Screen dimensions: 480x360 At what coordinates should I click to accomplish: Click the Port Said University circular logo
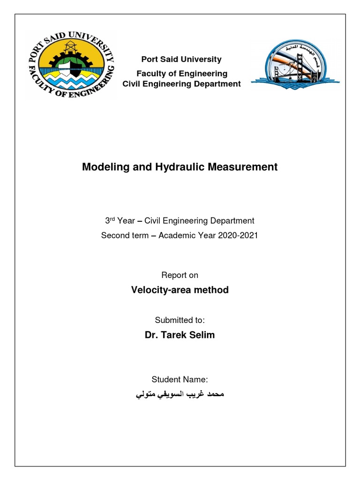70,65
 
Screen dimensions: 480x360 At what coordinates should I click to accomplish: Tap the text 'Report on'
180,275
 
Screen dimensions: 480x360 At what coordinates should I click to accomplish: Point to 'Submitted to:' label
180,320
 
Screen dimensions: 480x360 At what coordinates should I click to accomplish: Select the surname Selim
203,336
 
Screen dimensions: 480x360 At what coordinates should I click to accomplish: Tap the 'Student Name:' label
180,379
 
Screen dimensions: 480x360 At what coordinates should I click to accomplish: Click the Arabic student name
180,395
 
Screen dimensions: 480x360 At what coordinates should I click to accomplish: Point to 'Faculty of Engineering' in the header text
181,74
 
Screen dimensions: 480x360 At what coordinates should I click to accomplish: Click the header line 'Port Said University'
181,60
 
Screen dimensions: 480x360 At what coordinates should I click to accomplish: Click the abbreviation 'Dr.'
152,336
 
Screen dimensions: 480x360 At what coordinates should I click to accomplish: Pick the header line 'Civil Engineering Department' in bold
181,84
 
